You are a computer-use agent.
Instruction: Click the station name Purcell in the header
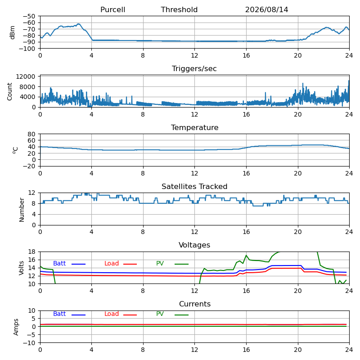(113, 9)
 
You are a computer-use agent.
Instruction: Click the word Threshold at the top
(179, 9)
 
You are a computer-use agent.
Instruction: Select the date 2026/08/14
(266, 9)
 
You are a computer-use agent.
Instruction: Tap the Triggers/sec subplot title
(194, 69)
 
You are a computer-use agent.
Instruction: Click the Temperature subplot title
(195, 127)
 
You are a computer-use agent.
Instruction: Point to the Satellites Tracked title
(194, 186)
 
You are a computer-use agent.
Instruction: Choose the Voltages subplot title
(194, 245)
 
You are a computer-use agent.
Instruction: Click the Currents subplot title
(195, 304)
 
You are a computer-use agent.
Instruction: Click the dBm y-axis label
(12, 32)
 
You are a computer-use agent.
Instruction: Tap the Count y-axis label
(9, 92)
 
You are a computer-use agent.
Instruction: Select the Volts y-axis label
(21, 268)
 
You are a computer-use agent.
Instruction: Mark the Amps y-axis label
(16, 327)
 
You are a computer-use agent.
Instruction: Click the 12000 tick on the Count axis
(26, 76)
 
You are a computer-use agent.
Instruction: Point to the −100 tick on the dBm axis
(27, 49)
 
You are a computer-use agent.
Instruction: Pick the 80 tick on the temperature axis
(31, 134)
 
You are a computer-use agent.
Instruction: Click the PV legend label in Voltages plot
(160, 263)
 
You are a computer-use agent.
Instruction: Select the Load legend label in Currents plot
(112, 314)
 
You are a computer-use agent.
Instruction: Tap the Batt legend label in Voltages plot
(59, 263)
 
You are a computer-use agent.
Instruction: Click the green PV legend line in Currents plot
(182, 315)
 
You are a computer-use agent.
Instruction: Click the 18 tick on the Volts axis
(31, 252)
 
